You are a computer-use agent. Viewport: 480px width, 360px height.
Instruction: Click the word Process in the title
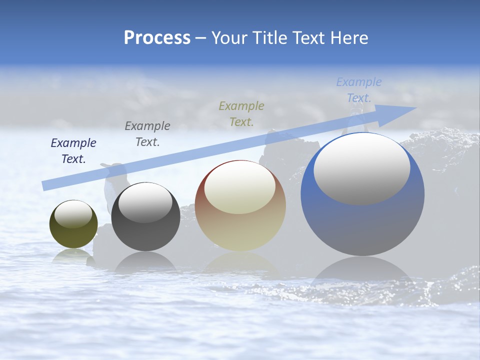pos(157,38)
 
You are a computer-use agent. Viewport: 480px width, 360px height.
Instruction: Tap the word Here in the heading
pos(348,38)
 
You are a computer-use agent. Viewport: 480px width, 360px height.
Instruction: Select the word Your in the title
pos(229,38)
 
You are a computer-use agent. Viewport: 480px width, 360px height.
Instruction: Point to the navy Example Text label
pos(73,150)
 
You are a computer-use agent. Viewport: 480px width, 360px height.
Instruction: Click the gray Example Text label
pos(147,133)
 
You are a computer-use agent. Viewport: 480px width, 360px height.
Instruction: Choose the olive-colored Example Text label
pos(241,113)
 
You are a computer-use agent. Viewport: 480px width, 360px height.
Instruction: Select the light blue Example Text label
pos(359,89)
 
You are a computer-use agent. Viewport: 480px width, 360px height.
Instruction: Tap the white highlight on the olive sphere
pos(73,214)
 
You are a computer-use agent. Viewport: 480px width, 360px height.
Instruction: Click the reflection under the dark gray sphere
pos(145,262)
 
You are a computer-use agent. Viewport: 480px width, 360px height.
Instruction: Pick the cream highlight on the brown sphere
pos(240,187)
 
